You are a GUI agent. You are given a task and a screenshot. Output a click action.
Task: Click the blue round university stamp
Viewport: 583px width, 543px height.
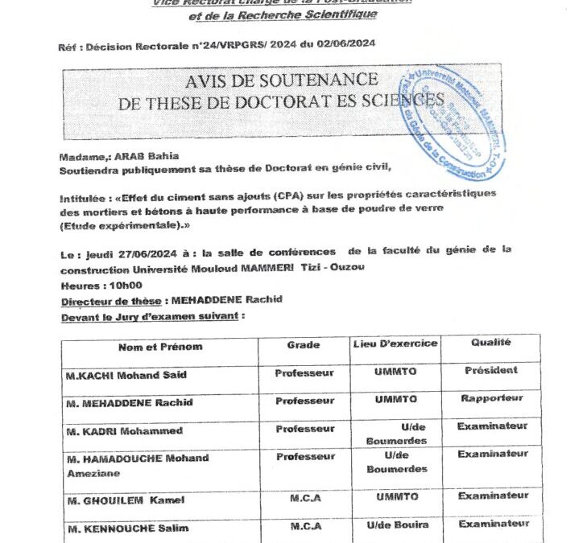point(452,121)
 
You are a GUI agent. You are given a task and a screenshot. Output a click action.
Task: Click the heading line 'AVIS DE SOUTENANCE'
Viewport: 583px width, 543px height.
point(281,80)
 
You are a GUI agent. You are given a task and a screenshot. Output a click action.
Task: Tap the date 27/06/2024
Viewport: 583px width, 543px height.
point(134,249)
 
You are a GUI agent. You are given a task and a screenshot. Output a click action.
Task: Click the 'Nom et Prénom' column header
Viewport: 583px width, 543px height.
point(160,347)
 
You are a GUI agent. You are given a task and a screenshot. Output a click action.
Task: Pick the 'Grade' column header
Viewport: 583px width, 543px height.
point(304,345)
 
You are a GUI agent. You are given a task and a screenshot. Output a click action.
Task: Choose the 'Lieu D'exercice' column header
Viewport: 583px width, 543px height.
point(395,344)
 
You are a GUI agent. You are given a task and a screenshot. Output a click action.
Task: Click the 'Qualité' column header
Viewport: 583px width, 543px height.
point(490,343)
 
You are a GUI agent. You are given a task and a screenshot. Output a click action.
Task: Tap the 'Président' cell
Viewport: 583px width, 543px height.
point(490,371)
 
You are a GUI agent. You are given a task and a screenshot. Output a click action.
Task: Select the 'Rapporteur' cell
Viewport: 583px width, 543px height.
point(491,398)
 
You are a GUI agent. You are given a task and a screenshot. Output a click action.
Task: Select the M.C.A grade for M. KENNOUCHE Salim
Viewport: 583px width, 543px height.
point(305,527)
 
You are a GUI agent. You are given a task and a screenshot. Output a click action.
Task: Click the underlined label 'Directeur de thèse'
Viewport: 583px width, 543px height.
point(109,301)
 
